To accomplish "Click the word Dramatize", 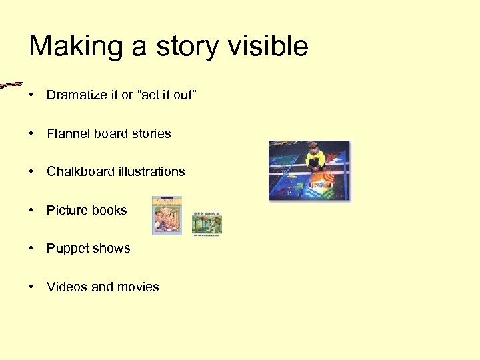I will pyautogui.click(x=76, y=95).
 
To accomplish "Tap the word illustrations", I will pyautogui.click(x=152, y=172).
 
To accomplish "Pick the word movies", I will pyautogui.click(x=138, y=287).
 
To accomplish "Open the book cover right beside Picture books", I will pyautogui.click(x=167, y=215).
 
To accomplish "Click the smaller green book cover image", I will pyautogui.click(x=207, y=225).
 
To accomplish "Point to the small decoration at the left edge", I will pyautogui.click(x=10, y=85).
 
